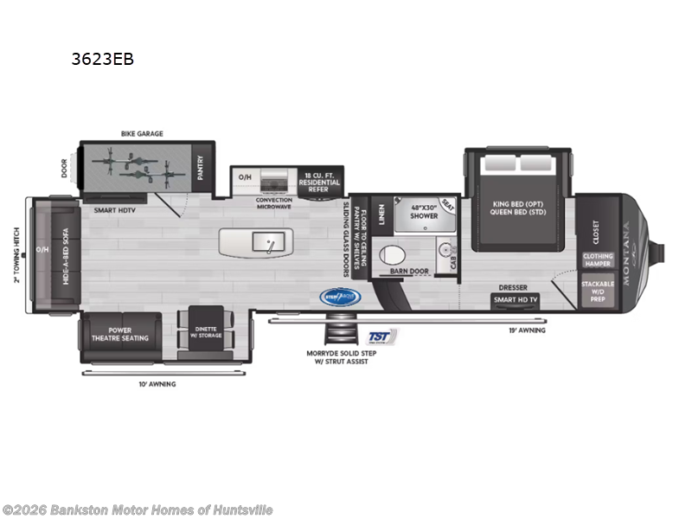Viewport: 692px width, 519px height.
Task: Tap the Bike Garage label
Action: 142,134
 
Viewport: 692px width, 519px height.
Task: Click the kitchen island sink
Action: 269,241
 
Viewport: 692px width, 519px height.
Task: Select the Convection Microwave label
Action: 274,203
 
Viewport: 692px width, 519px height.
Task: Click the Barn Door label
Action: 410,271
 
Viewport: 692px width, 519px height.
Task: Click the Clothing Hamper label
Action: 598,259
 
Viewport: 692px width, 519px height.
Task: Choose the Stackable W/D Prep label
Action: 597,291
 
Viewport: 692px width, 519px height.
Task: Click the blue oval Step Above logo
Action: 342,295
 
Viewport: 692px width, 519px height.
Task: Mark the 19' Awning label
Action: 528,330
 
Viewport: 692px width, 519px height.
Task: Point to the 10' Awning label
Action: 156,383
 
